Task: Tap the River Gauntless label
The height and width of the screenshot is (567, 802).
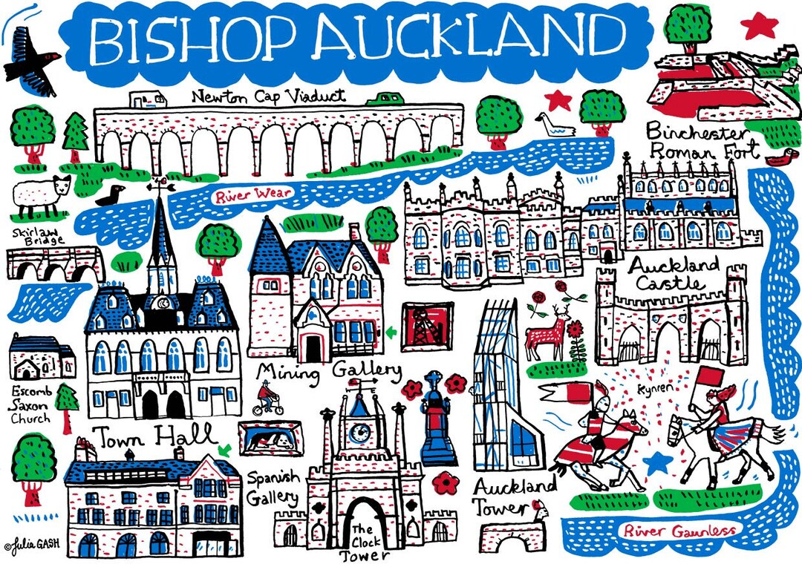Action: (x=679, y=530)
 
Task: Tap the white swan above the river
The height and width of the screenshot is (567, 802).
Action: (x=555, y=125)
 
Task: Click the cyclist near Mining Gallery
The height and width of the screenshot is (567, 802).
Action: (x=265, y=399)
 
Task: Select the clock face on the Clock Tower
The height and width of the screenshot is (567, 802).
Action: (x=362, y=430)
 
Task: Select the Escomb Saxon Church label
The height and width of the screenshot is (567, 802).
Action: (x=32, y=404)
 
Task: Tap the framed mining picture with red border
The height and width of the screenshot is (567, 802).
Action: (x=428, y=325)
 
